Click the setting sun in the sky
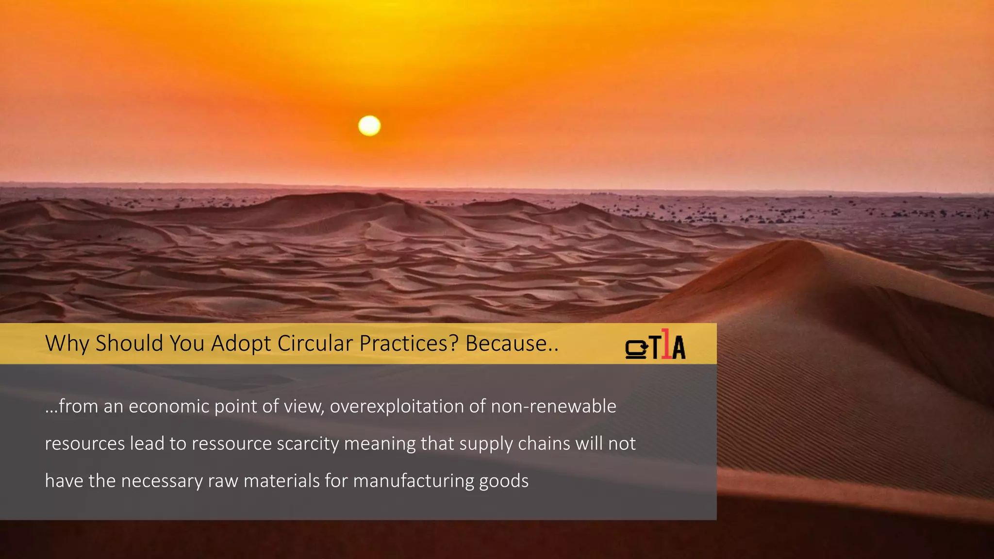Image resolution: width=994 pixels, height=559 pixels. pos(369,126)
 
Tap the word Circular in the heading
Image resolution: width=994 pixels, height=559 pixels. pos(315,344)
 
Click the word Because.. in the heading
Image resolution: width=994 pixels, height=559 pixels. pos(512,344)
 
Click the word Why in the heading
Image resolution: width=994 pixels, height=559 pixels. pos(67,344)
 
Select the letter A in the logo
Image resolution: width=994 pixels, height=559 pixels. pos(679,347)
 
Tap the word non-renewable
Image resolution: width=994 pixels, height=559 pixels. pos(553,406)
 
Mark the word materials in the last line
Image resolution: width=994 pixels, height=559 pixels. pos(282,481)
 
